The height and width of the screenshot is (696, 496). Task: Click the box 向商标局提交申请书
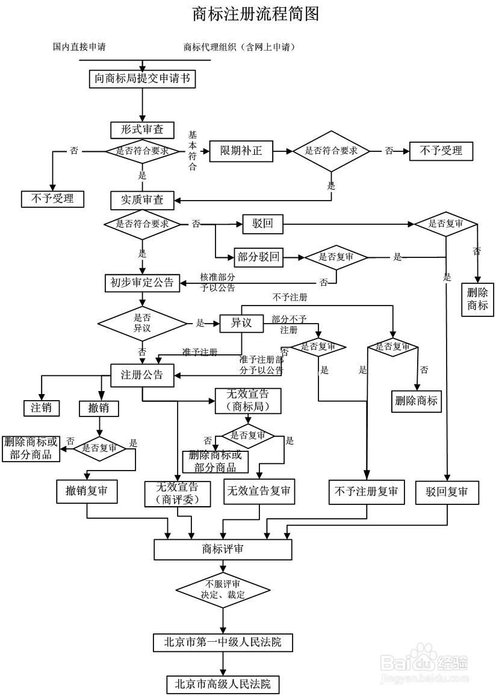(x=143, y=79)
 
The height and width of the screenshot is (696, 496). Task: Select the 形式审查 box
(x=142, y=130)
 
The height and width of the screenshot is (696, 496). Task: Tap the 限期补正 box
(x=241, y=151)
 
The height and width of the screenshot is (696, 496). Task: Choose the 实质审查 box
(x=142, y=199)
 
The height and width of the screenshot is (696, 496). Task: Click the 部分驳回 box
(x=259, y=257)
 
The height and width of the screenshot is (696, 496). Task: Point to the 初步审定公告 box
(x=142, y=283)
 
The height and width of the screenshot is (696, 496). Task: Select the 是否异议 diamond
(x=143, y=324)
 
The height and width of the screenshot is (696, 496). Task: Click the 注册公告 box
(x=142, y=375)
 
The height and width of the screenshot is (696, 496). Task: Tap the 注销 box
(x=42, y=408)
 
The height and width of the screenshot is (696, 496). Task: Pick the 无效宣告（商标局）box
(x=248, y=401)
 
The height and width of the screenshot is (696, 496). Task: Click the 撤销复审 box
(x=87, y=491)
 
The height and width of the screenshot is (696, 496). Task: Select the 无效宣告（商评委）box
(x=177, y=493)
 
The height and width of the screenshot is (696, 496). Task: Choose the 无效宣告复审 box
(x=259, y=491)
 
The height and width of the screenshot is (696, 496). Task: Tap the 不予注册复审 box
(x=366, y=491)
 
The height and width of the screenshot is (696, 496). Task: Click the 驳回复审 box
(x=447, y=492)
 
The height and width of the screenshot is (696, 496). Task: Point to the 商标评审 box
(x=223, y=549)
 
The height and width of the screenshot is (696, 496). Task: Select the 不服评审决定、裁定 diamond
(x=223, y=589)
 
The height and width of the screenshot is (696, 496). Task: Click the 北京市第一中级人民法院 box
(x=223, y=642)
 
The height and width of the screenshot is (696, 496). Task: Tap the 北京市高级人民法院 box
(x=223, y=684)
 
